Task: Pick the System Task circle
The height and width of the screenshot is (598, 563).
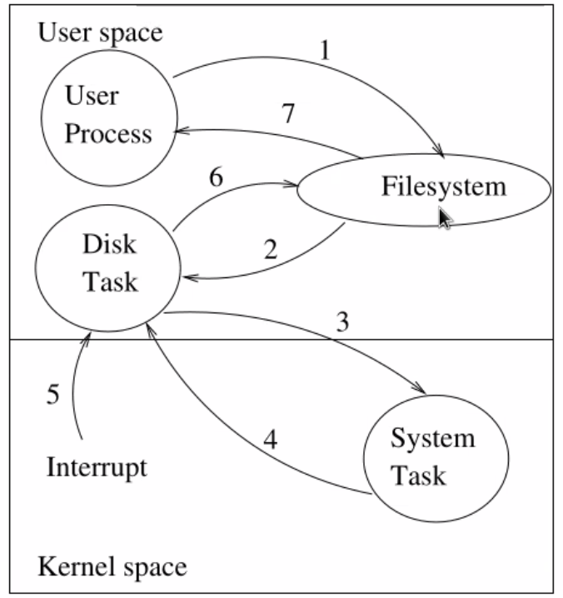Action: point(436,456)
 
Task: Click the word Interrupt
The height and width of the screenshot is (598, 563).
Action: point(97,466)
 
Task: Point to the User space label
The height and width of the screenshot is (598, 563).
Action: point(100,33)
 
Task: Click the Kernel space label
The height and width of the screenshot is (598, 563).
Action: point(112,568)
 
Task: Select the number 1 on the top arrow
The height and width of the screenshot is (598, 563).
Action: point(326,51)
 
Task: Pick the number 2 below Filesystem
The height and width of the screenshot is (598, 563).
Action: point(269,248)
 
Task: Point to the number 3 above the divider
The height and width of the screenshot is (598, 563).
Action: point(342,322)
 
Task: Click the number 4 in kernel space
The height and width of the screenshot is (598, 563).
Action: point(270,439)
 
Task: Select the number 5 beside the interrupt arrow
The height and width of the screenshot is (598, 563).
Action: point(52,394)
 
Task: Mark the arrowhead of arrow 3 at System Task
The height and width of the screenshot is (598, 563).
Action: point(424,391)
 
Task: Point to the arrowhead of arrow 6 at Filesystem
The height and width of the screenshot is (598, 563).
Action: point(293,184)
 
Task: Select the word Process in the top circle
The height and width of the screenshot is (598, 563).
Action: point(108,133)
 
